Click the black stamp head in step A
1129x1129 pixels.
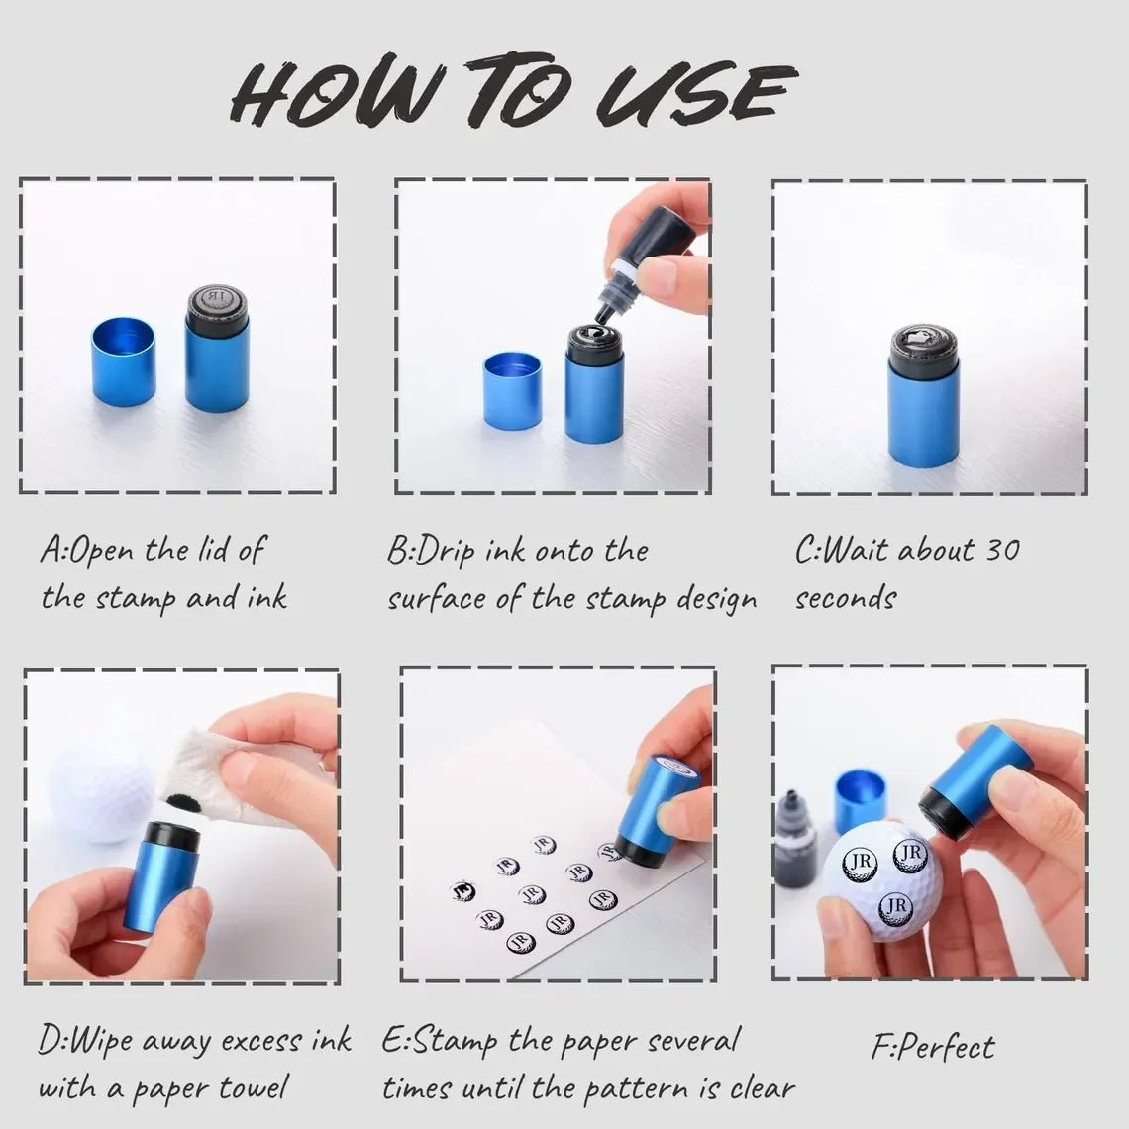tap(218, 310)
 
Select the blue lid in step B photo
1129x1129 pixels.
tap(512, 390)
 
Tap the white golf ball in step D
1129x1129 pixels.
tap(101, 792)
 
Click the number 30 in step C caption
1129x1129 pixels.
tap(1002, 550)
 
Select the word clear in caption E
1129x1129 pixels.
tap(763, 1087)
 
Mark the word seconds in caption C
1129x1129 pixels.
tap(846, 598)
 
